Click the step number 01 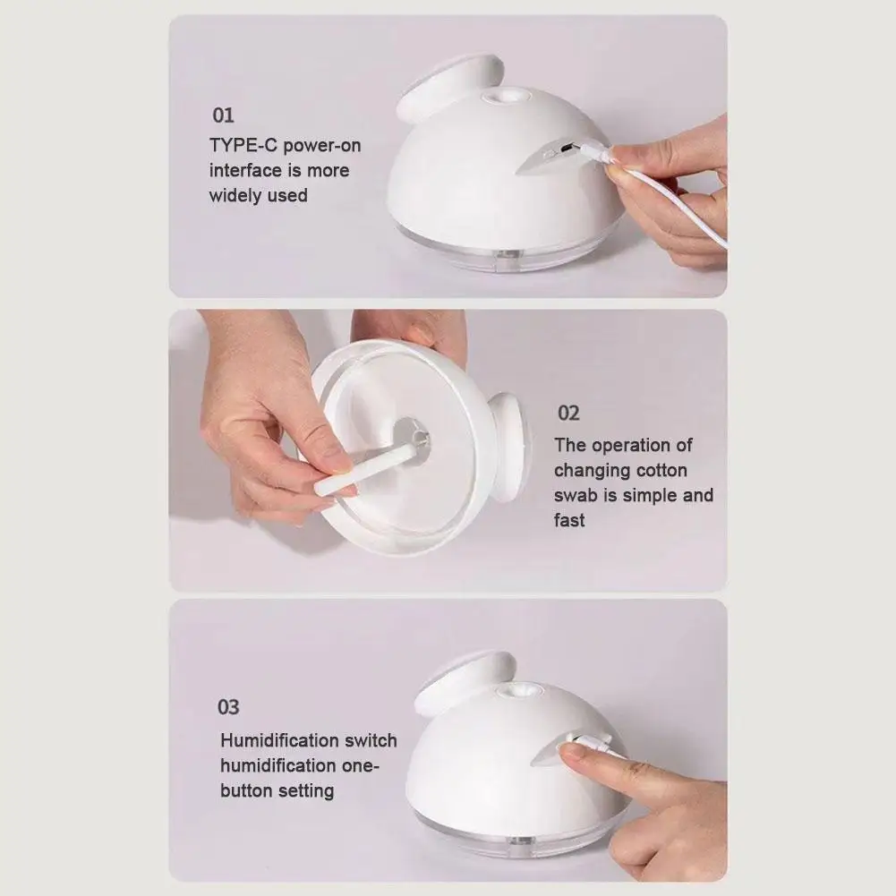coord(223,115)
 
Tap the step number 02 coord(568,414)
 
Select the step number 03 coord(228,707)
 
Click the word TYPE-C coord(243,145)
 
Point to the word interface coord(246,170)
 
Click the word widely coord(235,196)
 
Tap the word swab coord(576,495)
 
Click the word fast coord(569,520)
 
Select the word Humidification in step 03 coord(277,740)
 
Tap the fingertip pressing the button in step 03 coord(571,752)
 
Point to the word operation coord(633,446)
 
